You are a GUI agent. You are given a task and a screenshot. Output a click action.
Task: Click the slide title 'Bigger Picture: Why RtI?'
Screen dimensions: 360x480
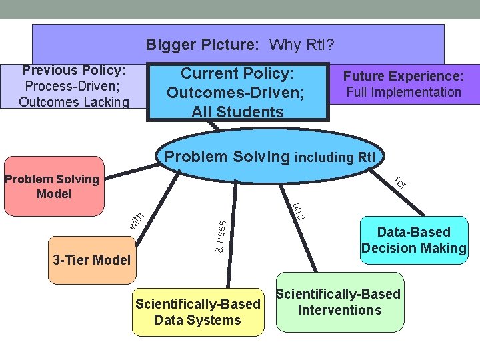239,45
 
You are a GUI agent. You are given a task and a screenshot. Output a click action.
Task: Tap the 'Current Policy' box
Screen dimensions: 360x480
238,92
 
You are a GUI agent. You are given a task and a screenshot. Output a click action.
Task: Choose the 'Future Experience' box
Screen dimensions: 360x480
403,84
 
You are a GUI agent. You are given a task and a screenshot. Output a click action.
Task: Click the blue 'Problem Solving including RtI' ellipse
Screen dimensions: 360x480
269,157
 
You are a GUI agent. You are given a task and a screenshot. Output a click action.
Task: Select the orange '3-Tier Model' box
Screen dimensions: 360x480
91,260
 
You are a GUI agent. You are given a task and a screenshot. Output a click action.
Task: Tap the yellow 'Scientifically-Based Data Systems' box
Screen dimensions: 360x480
197,312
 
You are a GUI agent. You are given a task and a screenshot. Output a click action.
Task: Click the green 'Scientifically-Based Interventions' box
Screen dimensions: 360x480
339,302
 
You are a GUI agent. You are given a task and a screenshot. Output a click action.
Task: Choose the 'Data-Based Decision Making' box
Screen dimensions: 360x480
413,240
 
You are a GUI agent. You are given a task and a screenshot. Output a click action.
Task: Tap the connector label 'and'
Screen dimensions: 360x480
298,210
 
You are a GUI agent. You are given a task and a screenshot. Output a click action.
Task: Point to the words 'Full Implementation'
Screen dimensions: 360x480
403,92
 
